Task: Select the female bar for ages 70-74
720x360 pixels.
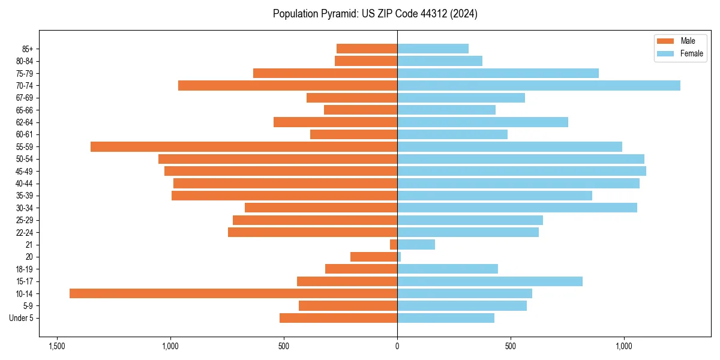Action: [538, 85]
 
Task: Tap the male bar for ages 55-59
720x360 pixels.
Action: [244, 146]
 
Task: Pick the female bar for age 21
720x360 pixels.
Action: [416, 244]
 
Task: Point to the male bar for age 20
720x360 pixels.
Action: [374, 257]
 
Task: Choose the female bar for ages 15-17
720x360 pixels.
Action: [490, 281]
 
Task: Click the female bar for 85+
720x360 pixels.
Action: [433, 49]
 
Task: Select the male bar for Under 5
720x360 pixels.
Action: [338, 318]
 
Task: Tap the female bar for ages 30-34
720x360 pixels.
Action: [517, 208]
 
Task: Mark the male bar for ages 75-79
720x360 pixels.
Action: [325, 73]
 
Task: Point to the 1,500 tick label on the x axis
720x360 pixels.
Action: [57, 347]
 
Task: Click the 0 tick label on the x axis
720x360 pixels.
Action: [397, 347]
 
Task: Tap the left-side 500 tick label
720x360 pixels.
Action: [284, 347]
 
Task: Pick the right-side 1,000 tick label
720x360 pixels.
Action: [624, 347]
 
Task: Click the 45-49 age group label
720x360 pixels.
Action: [24, 171]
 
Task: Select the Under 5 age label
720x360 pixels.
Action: [21, 318]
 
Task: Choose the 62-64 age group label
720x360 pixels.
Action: [24, 122]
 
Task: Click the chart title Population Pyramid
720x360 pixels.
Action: [375, 14]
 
